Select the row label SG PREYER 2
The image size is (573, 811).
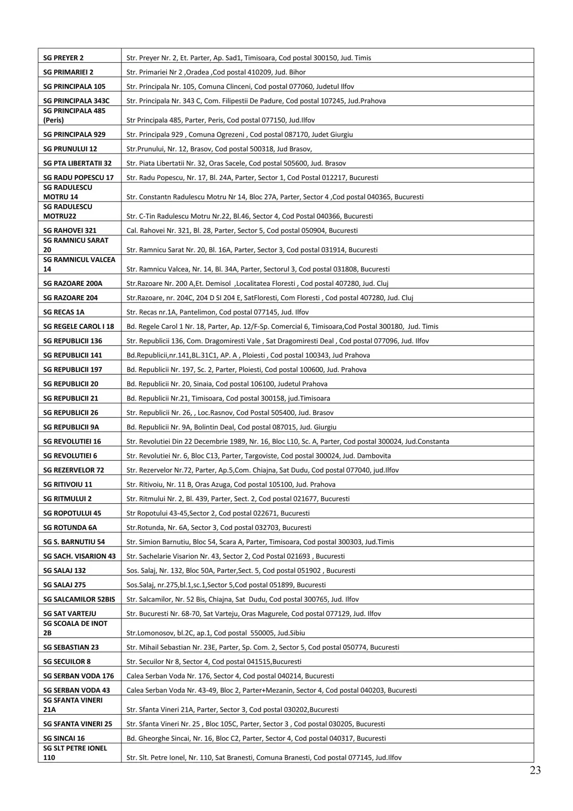tap(63, 58)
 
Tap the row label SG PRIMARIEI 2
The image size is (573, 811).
tap(68, 72)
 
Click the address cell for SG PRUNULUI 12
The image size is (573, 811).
tap(219, 149)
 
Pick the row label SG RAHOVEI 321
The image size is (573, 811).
tap(70, 231)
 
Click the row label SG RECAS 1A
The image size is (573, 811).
tap(64, 312)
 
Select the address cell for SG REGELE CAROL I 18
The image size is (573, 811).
tap(282, 326)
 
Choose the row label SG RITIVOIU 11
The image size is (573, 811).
tap(68, 485)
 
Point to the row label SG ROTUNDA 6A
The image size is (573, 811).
tap(70, 528)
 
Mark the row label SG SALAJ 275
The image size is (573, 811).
tap(64, 585)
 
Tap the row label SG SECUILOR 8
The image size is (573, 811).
tap(67, 661)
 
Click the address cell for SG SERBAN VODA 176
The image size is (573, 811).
tap(230, 676)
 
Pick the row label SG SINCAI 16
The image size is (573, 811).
tap(64, 738)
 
